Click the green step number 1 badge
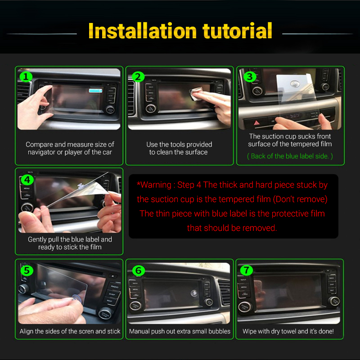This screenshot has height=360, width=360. tap(26, 76)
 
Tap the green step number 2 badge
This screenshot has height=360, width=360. tap(138, 76)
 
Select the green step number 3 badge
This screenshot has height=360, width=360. tap(250, 76)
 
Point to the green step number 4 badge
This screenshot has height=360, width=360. tap(27, 180)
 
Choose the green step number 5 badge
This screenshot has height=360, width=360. tap(27, 270)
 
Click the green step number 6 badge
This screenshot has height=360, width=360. tap(139, 270)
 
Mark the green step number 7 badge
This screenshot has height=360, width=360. tap(246, 270)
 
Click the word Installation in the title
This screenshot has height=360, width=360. tap(142, 31)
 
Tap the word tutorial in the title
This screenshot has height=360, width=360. tap(238, 31)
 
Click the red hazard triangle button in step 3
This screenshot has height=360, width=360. tap(256, 123)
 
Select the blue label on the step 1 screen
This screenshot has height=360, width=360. tap(95, 91)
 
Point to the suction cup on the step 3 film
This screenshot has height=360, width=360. tap(295, 84)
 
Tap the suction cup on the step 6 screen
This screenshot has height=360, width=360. tap(194, 293)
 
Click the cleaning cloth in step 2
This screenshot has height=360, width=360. tap(195, 93)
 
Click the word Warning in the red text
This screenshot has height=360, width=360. tap(156, 185)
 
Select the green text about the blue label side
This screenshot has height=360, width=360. tap(290, 156)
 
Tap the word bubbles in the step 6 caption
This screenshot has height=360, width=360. tap(219, 331)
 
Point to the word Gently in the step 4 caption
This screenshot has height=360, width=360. tap(37, 240)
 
